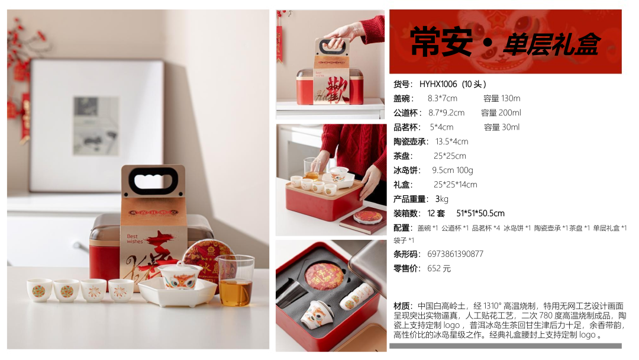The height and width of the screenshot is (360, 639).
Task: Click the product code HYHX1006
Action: pyautogui.click(x=438, y=85)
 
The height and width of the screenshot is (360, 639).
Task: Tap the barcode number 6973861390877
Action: pyautogui.click(x=455, y=254)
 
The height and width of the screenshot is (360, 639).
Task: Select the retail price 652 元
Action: pyautogui.click(x=439, y=268)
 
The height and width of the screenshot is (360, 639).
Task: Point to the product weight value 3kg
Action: pyautogui.click(x=442, y=199)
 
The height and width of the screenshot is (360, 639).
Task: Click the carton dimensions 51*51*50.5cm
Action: pyautogui.click(x=480, y=213)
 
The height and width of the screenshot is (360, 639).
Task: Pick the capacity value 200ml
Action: pyautogui.click(x=514, y=112)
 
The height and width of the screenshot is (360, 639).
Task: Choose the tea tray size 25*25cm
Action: pyautogui.click(x=450, y=156)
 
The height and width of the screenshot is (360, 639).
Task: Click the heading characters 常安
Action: pyautogui.click(x=441, y=43)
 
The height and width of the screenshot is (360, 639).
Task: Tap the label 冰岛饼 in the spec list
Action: pyautogui.click(x=406, y=170)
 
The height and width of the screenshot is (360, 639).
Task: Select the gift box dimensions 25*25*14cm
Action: pyautogui.click(x=455, y=185)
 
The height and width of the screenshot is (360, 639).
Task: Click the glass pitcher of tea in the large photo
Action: pyautogui.click(x=236, y=281)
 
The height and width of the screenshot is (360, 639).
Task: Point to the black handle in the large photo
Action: pyautogui.click(x=153, y=181)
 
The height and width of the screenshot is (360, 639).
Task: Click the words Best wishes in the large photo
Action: pyautogui.click(x=134, y=239)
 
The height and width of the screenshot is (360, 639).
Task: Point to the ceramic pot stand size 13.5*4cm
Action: pyautogui.click(x=452, y=142)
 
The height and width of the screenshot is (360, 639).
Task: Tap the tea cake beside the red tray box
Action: pyautogui.click(x=367, y=217)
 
